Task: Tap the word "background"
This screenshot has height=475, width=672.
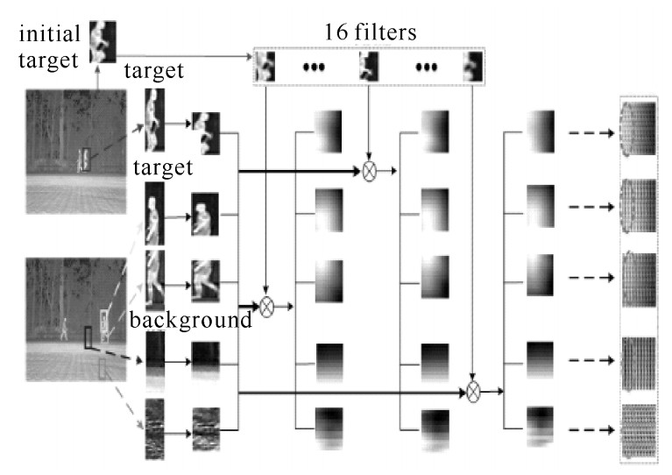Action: point(190,320)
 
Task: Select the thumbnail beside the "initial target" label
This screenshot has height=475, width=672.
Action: point(103,40)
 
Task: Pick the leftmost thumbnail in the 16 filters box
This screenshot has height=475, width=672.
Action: point(265,66)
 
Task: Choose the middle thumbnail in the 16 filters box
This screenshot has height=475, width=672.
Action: point(368,66)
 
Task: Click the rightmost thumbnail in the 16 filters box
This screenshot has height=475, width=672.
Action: point(473,66)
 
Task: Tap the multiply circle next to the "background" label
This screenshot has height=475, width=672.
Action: point(266,307)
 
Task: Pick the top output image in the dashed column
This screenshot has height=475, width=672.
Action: point(637,128)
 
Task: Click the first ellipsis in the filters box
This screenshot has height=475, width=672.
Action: point(313,67)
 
